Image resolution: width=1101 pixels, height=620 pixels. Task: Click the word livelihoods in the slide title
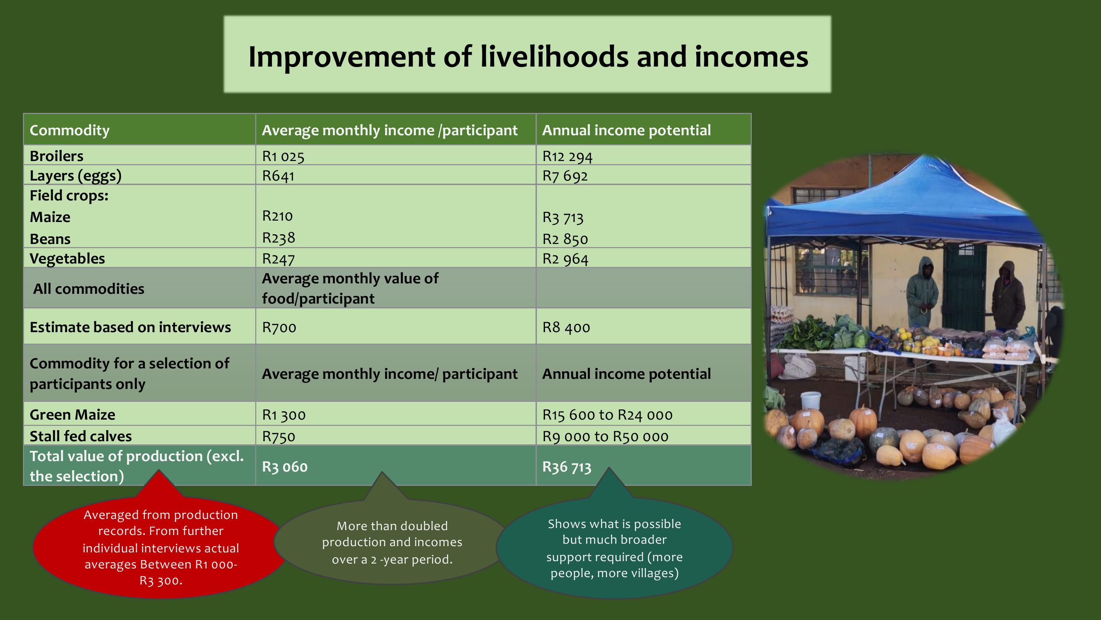554,56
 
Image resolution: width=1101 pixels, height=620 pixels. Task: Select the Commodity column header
70,130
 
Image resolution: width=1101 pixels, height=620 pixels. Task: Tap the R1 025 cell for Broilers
283,156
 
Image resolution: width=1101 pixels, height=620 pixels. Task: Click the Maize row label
50,217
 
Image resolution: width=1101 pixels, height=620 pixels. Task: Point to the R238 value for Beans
279,237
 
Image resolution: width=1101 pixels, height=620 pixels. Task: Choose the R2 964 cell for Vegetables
565,259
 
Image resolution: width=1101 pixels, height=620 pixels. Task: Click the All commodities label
89,289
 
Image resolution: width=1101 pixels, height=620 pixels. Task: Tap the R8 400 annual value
566,327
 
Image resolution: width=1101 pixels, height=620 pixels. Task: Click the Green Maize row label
72,415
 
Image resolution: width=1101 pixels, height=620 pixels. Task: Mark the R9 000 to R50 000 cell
605,436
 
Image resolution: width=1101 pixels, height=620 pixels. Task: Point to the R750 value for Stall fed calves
279,436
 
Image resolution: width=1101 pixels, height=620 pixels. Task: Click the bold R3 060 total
285,466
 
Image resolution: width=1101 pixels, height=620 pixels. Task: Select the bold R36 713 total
567,467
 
